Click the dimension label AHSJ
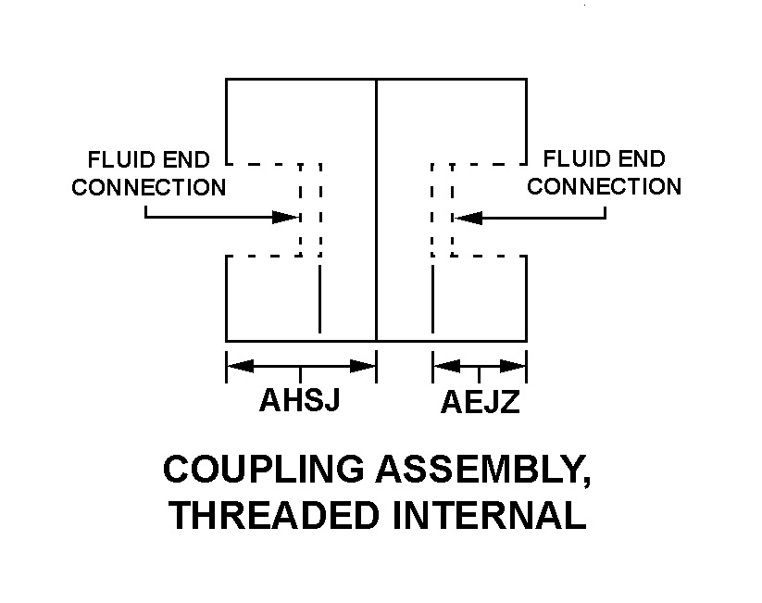click(301, 401)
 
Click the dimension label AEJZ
click(480, 403)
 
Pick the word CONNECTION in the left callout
click(149, 187)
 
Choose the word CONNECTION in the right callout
click(604, 187)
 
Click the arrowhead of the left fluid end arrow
click(287, 218)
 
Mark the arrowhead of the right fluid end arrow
click(466, 218)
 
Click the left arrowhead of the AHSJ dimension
click(239, 367)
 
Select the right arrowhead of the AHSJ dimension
click(364, 367)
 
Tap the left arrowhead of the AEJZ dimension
click(445, 367)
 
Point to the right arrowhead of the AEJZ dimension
click(515, 367)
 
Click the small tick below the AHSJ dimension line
click(301, 374)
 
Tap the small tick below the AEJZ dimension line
click(480, 374)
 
